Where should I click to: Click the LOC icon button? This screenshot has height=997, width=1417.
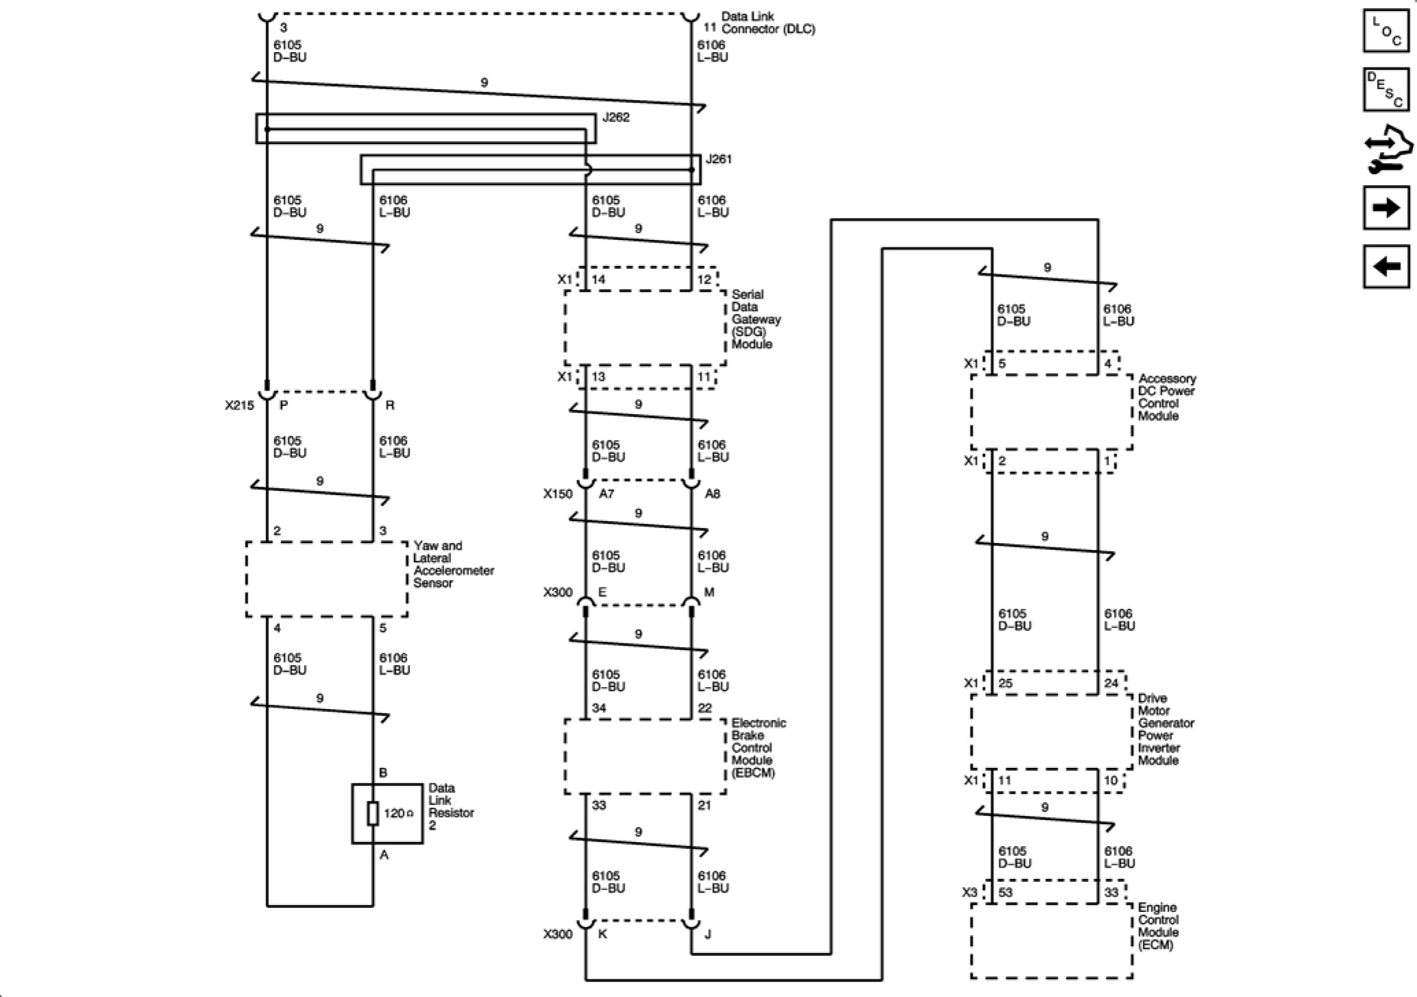click(1386, 31)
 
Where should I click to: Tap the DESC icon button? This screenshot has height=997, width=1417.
click(1386, 89)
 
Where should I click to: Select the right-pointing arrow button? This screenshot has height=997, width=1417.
click(1386, 208)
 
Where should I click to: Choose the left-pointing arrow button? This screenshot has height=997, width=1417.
click(1386, 266)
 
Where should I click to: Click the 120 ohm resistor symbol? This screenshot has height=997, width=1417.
click(373, 813)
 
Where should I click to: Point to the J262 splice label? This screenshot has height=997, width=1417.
click(616, 117)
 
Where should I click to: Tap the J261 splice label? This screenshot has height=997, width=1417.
click(718, 159)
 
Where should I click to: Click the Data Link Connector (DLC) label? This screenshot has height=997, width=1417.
click(768, 23)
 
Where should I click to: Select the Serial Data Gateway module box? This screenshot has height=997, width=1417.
click(644, 328)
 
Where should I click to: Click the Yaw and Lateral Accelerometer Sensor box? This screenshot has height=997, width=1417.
click(326, 579)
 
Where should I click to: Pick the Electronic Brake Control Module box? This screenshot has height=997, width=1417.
click(644, 756)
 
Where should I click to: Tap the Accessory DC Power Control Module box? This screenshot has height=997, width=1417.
click(1052, 411)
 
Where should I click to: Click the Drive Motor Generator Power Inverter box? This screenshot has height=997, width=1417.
click(1052, 732)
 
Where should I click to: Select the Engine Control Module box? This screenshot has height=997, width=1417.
click(1052, 941)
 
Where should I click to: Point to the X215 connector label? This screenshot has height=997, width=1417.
click(239, 405)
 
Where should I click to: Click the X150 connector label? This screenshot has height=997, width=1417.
click(557, 494)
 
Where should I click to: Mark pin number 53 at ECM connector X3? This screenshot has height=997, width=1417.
click(1006, 892)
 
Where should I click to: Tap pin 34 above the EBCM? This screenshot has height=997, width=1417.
click(599, 708)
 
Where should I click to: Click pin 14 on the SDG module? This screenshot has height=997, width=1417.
click(598, 279)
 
